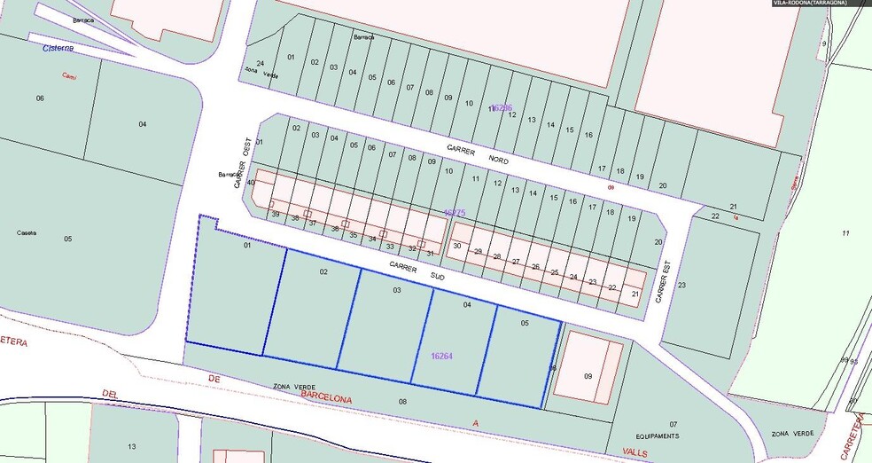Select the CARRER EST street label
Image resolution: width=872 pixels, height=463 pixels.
pos(661,281)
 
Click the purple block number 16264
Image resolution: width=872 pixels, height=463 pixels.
pos(441,356)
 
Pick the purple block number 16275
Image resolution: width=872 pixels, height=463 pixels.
pos(454,214)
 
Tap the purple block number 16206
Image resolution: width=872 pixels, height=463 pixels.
pos(501,107)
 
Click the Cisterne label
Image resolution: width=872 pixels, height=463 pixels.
pos(58,48)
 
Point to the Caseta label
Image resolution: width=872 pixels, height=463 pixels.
pos(27,233)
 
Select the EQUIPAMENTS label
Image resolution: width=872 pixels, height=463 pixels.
pos(657,436)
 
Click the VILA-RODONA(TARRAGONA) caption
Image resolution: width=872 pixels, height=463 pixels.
pos(810,4)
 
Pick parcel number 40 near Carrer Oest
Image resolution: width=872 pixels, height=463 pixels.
pos(252,183)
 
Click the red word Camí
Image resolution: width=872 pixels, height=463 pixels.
pos(68,77)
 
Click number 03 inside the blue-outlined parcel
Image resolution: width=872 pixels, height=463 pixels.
pos(397,291)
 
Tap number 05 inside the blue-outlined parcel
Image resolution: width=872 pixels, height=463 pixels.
pos(525,324)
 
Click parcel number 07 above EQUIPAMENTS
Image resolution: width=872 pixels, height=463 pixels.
pos(673,425)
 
